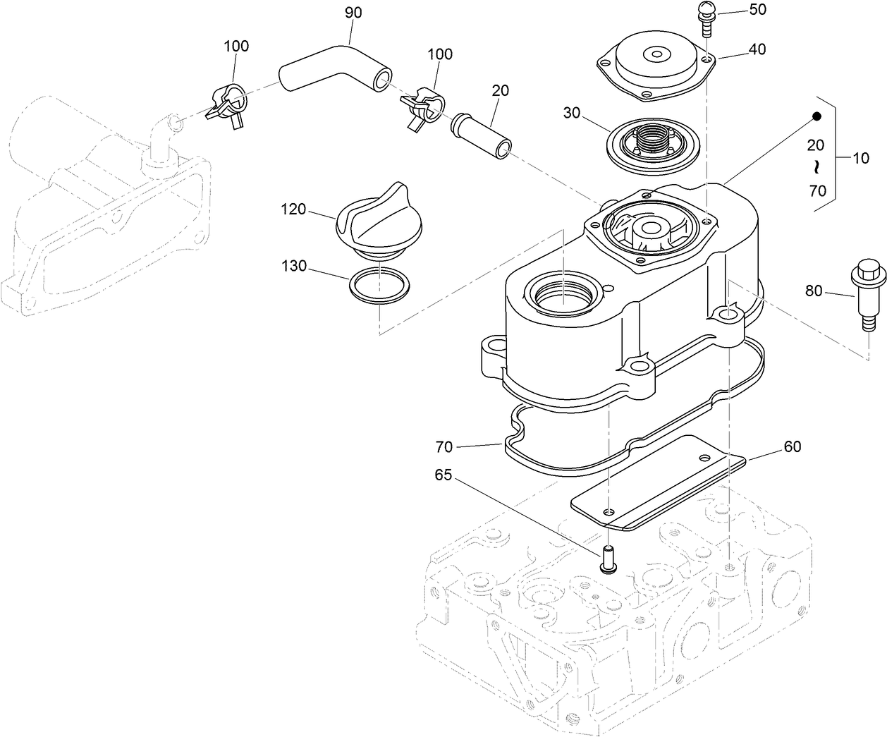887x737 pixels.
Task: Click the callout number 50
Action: (x=738, y=11)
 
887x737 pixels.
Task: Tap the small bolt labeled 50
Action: (x=705, y=17)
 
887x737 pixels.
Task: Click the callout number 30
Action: (x=572, y=113)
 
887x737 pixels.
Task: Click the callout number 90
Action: (x=353, y=13)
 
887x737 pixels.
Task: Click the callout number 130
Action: (x=294, y=266)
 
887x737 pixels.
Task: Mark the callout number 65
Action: (x=442, y=475)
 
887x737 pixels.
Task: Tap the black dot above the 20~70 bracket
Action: (x=816, y=116)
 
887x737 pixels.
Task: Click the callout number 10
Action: (x=861, y=158)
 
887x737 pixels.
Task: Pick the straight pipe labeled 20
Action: (x=482, y=132)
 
